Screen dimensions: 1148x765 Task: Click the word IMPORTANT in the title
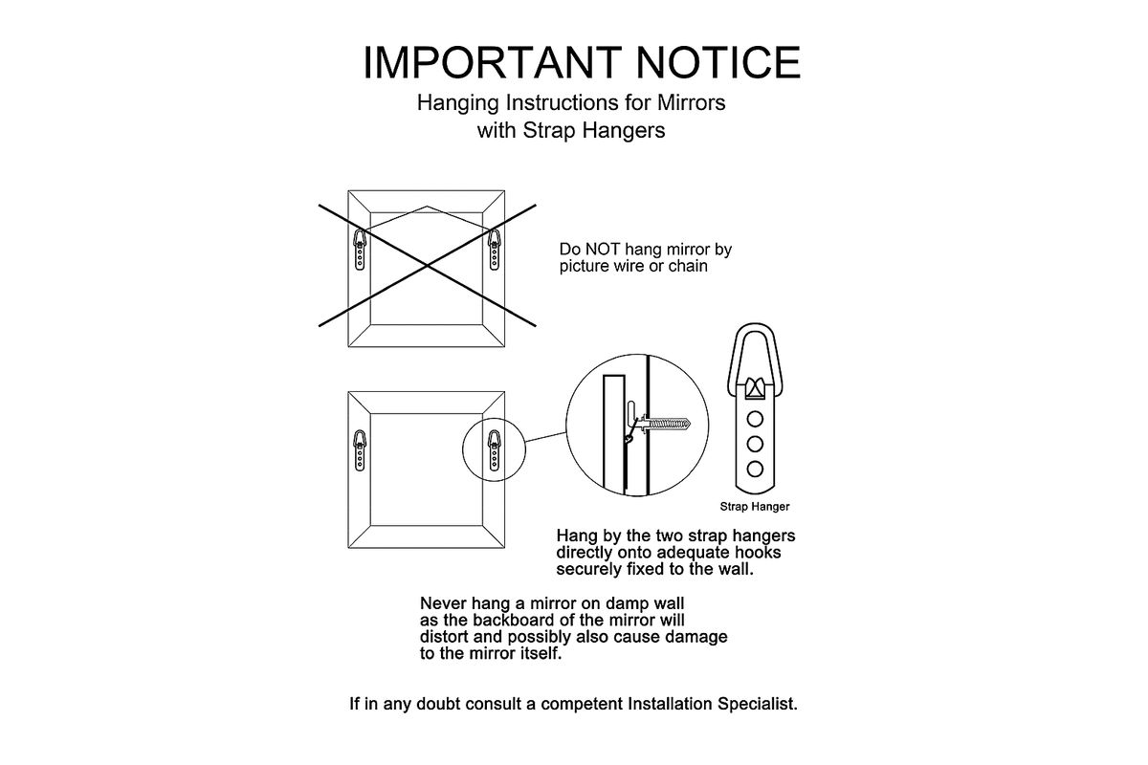tap(493, 62)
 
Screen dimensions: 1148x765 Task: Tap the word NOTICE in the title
tap(718, 62)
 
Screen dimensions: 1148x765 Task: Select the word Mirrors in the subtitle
tap(692, 102)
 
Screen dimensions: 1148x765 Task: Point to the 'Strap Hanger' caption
tap(755, 507)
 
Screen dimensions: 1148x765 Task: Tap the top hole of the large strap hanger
tap(755, 419)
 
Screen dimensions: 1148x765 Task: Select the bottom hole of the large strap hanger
tap(755, 469)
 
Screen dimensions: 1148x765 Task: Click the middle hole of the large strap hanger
tap(755, 444)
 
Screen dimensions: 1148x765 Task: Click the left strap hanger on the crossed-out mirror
tap(360, 250)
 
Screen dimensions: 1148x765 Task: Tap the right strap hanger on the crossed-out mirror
tap(494, 250)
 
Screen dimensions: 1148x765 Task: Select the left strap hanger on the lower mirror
tap(360, 450)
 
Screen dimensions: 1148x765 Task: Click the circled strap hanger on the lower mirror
tap(494, 450)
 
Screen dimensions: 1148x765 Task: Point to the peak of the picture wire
tap(427, 207)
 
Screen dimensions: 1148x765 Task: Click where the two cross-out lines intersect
tap(427, 266)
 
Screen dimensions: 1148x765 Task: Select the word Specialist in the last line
tap(758, 704)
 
